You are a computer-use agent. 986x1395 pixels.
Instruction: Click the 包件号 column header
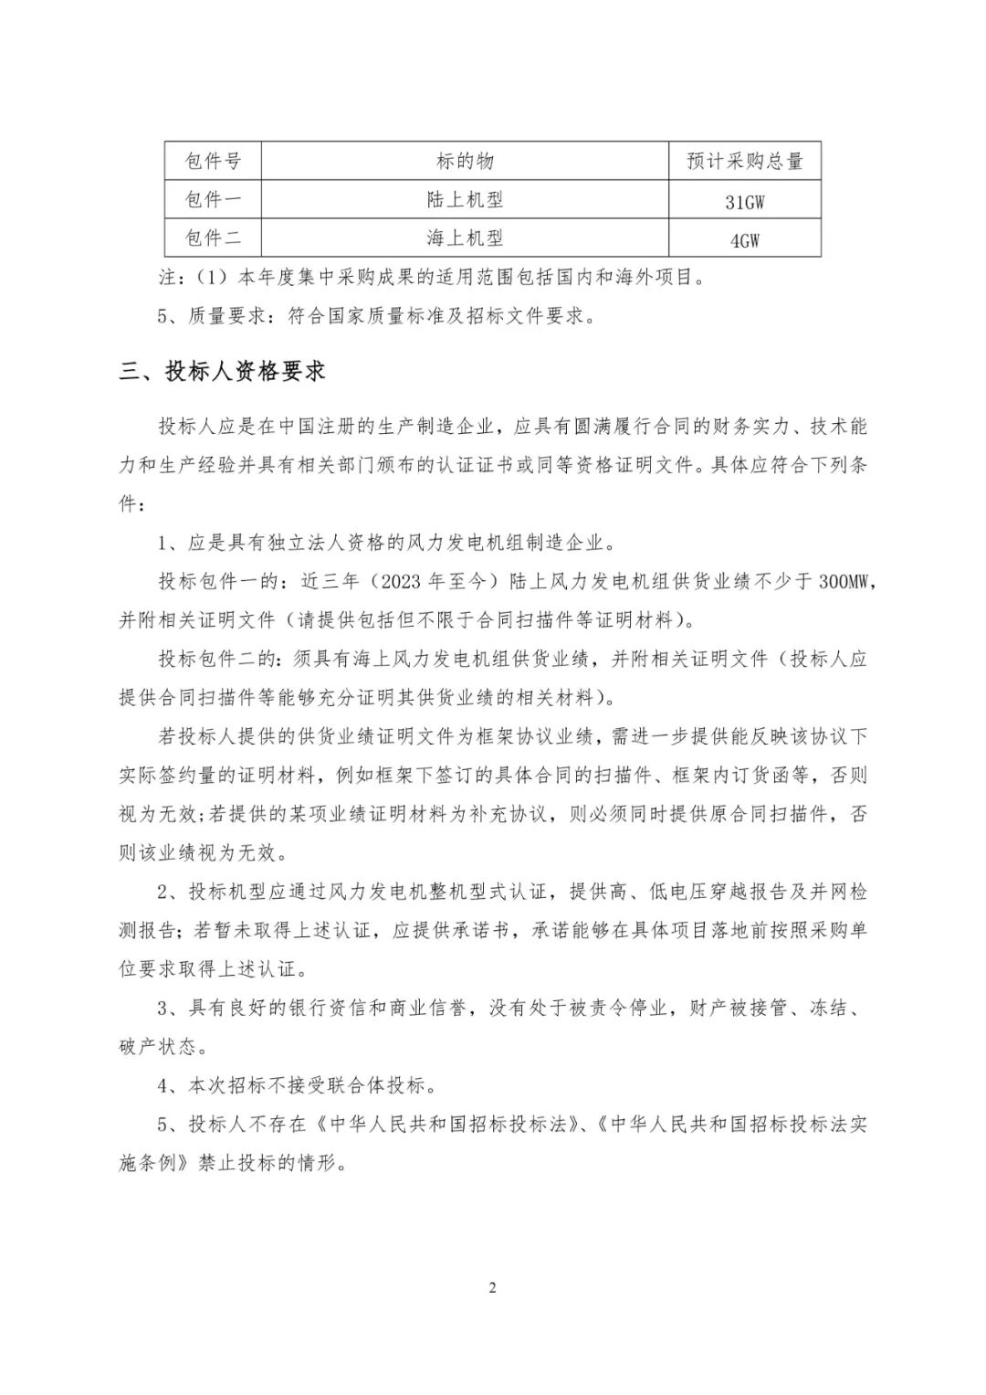coord(213,161)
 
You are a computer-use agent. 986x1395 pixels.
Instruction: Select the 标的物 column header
coord(465,161)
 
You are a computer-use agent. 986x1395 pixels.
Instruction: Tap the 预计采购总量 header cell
coord(744,161)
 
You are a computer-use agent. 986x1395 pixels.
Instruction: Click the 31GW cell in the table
coord(744,201)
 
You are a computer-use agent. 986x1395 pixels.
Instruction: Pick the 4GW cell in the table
coord(744,239)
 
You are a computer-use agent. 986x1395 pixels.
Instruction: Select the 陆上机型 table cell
coord(465,199)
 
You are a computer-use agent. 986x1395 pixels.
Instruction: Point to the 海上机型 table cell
coord(465,238)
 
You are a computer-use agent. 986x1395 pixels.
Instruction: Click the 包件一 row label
coord(213,199)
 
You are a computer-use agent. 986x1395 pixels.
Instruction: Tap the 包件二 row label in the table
coord(213,238)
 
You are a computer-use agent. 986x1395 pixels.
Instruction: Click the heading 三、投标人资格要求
coord(223,371)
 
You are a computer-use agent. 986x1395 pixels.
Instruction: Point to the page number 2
coord(493,1288)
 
